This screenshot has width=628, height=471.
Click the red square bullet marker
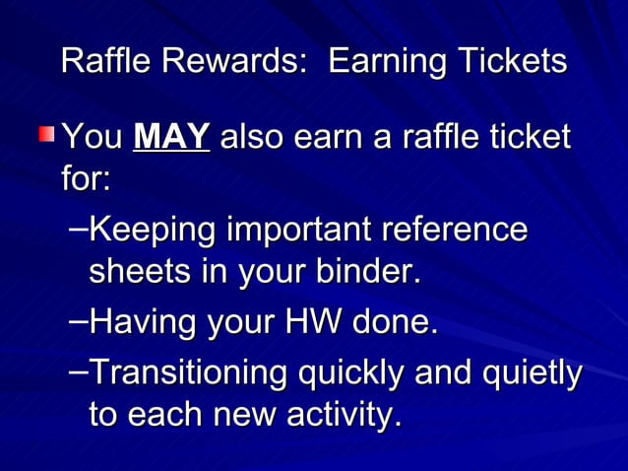click(x=48, y=132)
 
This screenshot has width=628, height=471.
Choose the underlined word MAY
click(x=171, y=136)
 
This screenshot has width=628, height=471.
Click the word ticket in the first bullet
click(x=525, y=136)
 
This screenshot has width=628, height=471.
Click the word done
click(x=395, y=321)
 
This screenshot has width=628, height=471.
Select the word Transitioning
click(x=181, y=375)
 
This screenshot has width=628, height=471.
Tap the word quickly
click(x=352, y=375)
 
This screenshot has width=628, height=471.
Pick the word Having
click(x=138, y=321)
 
